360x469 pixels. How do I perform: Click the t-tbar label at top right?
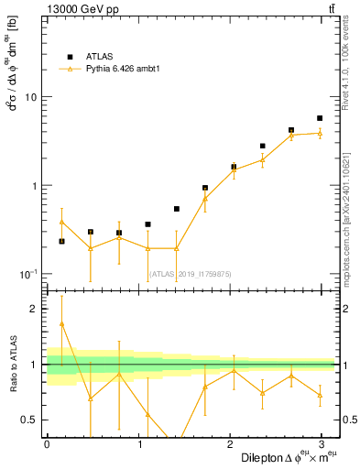329,9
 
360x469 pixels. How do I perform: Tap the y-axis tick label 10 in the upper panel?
31,97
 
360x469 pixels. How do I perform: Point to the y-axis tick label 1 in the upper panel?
35,186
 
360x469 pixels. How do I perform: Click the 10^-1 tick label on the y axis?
29,275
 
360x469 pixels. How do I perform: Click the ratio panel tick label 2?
36,310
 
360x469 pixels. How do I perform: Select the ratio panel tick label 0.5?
31,420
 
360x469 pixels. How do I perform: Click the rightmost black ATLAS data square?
320,118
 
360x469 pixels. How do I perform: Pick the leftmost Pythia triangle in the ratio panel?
61,323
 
